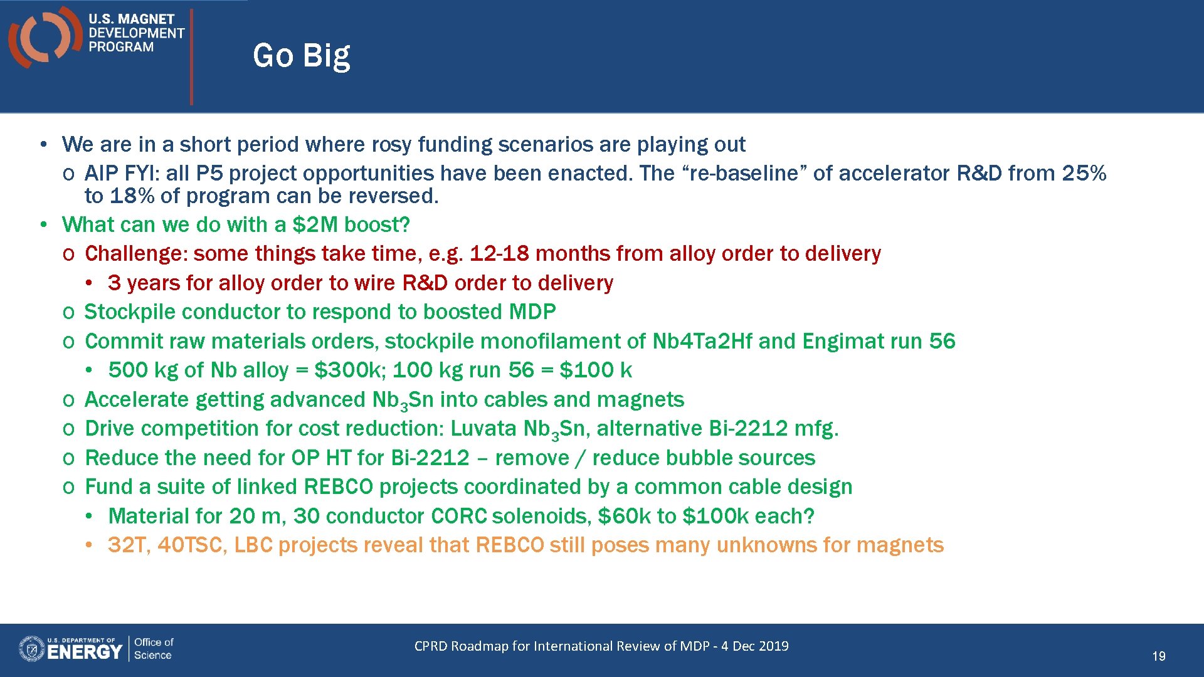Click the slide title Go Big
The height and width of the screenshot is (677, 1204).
click(x=301, y=56)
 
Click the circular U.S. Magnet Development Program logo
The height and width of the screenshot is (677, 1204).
click(x=44, y=36)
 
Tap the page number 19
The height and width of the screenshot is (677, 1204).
click(x=1158, y=656)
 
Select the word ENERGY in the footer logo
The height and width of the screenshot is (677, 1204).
click(x=84, y=652)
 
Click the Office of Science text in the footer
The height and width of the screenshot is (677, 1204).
click(x=153, y=649)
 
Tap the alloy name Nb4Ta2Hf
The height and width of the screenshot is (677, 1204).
click(x=702, y=341)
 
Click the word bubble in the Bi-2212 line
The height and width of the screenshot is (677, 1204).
click(x=698, y=458)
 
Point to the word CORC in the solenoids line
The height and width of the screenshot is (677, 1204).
click(x=458, y=517)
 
